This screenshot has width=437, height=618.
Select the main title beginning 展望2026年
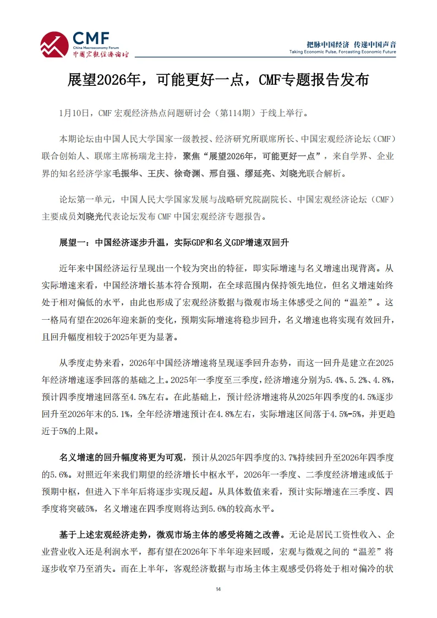(218, 81)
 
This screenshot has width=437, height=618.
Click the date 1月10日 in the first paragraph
(74, 113)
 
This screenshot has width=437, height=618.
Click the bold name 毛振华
(127, 174)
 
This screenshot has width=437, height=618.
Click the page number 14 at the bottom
(218, 589)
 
